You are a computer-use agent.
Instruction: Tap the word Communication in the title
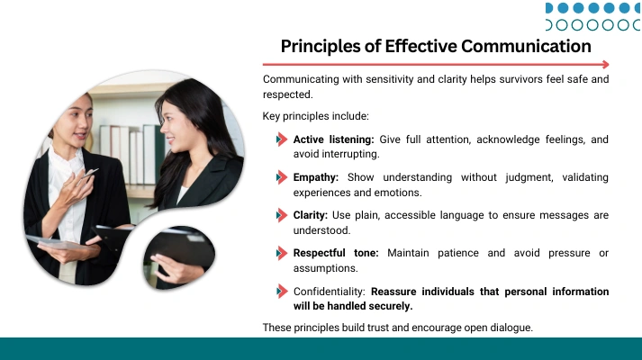click(526, 46)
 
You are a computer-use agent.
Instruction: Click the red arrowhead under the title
click(606, 64)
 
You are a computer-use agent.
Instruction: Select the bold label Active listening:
click(333, 139)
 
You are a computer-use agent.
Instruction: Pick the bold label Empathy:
click(316, 177)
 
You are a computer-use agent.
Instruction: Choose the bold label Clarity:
click(311, 215)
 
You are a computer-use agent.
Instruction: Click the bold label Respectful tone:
click(336, 253)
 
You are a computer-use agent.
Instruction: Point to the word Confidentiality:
click(329, 292)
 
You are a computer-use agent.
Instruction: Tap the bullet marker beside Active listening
click(281, 139)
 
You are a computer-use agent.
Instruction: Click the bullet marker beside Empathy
click(281, 177)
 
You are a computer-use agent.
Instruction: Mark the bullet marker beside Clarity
click(281, 215)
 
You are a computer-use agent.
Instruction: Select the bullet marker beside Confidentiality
click(281, 292)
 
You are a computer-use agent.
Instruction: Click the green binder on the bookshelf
click(160, 155)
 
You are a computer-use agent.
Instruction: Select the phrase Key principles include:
click(316, 116)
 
